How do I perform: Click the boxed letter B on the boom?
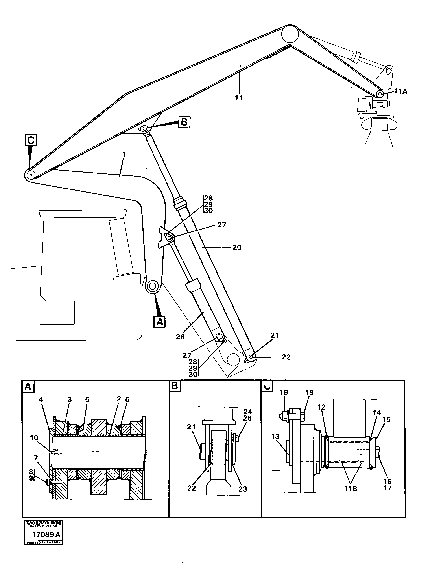pos(184,122)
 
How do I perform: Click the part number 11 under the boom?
pos(239,98)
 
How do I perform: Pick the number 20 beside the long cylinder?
pos(237,248)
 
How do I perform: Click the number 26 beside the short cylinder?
pos(180,337)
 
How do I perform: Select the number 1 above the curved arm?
pos(124,155)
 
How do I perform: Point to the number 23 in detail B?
pos(243,489)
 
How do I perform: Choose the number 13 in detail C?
pos(275,437)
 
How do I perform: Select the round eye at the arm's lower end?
pos(153,286)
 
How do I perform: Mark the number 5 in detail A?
pos(87,399)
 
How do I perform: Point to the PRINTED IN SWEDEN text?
pos(44,543)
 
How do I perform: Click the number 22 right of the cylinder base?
pos(286,357)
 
